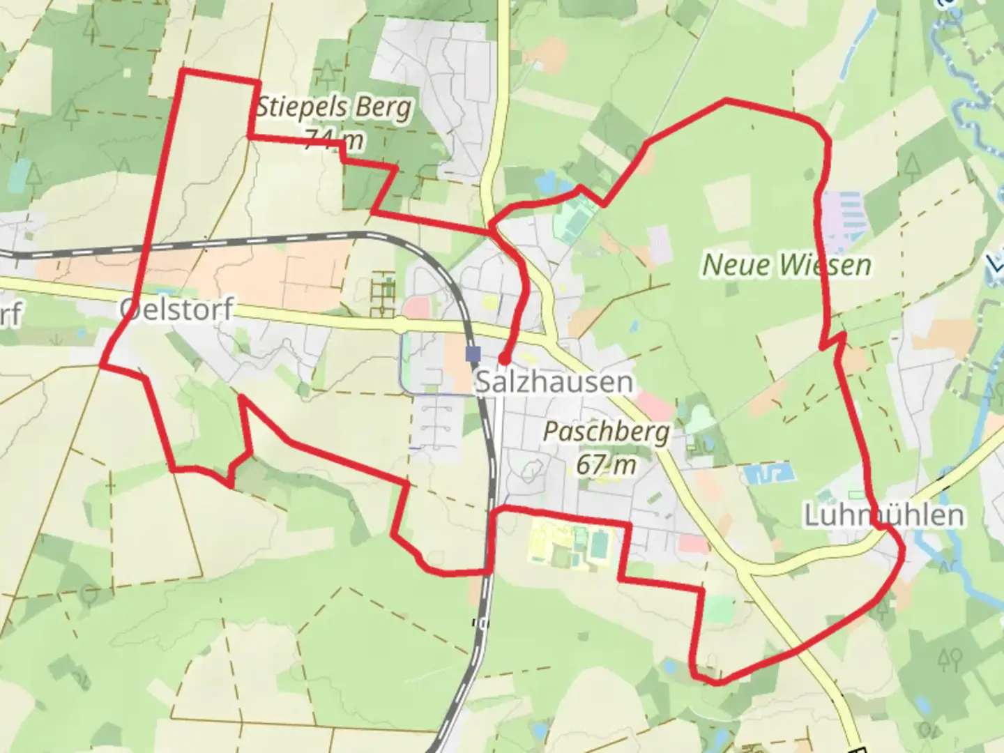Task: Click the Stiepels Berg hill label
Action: point(334,109)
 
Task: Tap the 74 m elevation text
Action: point(334,139)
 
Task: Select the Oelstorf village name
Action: point(176,310)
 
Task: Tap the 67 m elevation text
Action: point(606,464)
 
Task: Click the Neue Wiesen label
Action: point(786,265)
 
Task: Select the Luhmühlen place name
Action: point(884,516)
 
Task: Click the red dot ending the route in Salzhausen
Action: point(503,360)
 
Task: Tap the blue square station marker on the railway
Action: point(473,353)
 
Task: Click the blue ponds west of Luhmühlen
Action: point(770,475)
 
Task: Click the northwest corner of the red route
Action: point(183,71)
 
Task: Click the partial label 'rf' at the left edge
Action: point(10,314)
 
